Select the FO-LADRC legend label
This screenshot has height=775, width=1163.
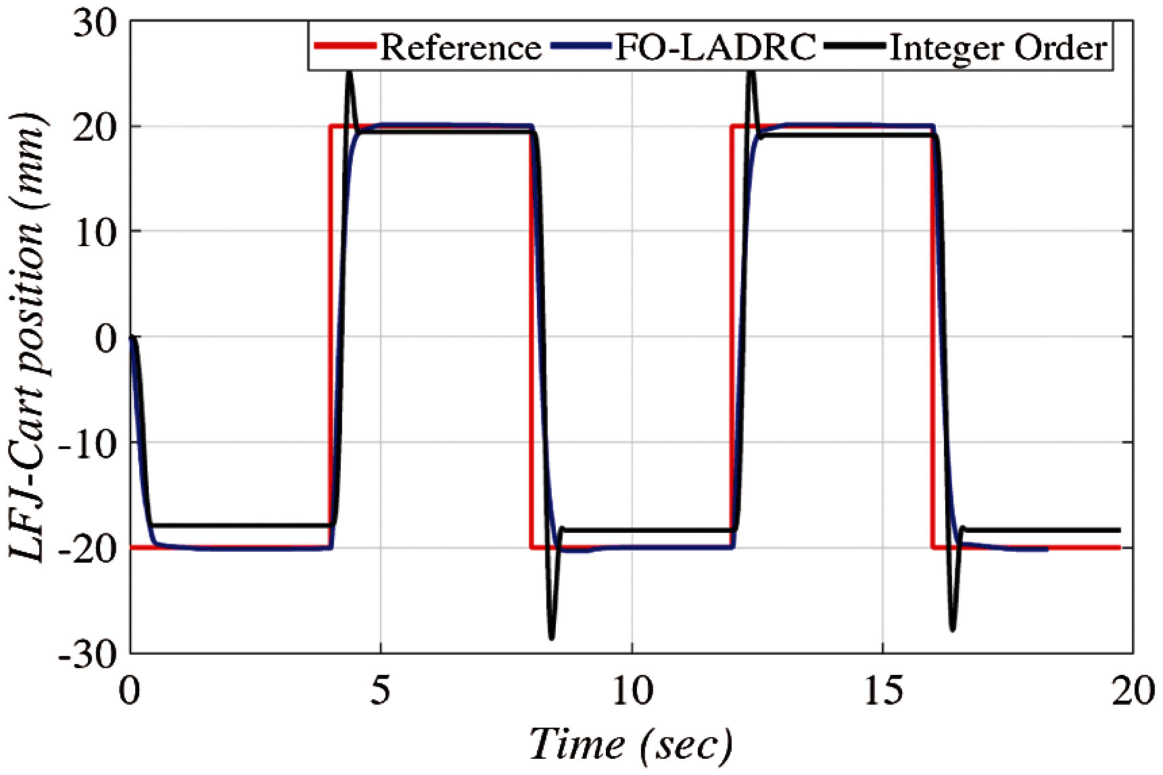[715, 48]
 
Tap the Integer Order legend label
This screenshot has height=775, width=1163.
[998, 48]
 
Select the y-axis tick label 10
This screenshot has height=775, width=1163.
[94, 231]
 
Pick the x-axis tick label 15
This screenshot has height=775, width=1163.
[883, 692]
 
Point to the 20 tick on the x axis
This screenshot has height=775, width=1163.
[1133, 692]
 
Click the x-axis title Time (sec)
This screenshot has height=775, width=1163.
[630, 745]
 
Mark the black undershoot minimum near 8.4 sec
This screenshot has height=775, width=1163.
[552, 637]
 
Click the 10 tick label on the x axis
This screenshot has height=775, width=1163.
[632, 692]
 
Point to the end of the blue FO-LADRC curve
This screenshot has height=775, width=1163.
[1047, 549]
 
